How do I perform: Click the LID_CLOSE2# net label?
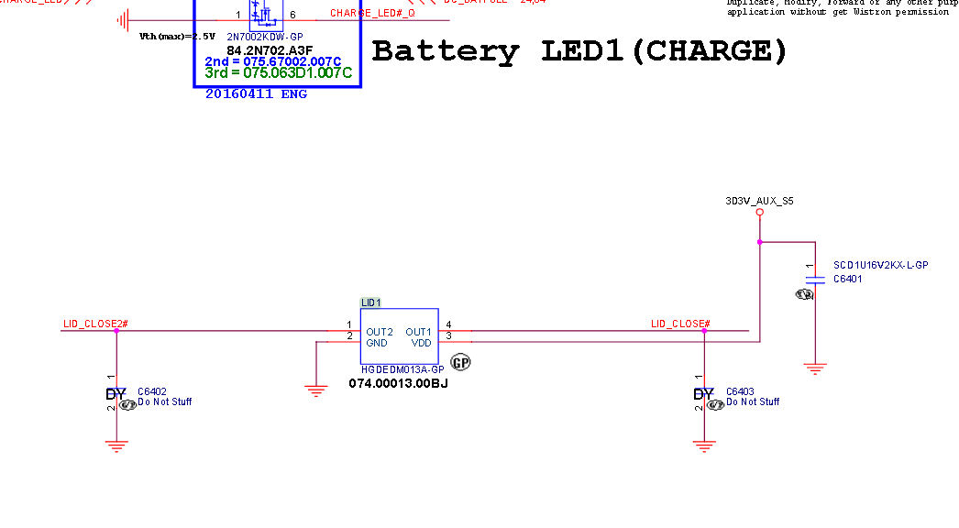tap(95, 324)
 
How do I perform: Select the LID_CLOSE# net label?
tap(680, 324)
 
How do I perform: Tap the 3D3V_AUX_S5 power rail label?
tap(759, 199)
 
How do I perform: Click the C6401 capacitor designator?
tap(847, 279)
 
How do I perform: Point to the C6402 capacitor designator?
tap(152, 391)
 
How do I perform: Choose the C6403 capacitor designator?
tap(740, 391)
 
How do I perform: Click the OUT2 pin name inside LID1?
tap(380, 332)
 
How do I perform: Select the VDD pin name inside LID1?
tap(421, 343)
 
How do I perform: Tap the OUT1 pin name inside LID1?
tap(418, 332)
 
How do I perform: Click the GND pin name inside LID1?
tap(377, 343)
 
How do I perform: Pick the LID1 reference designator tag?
tap(370, 302)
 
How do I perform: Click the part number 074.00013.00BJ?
tap(398, 383)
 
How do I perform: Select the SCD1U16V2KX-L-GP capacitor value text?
tap(880, 265)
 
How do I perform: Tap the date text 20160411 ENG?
tap(256, 93)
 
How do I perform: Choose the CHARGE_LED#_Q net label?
tap(372, 14)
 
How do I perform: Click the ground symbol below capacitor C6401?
tap(813, 368)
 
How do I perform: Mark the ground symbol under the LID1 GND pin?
tap(316, 391)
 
